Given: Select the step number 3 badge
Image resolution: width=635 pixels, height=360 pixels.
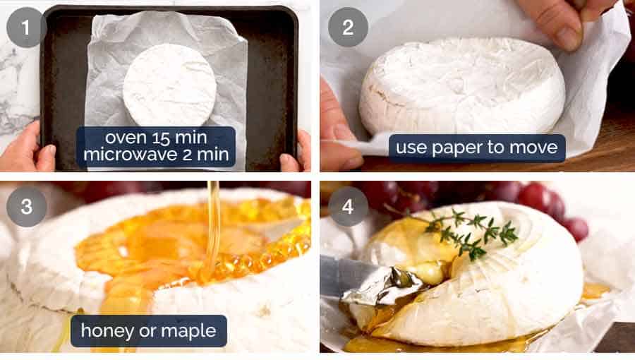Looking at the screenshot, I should pos(26,206).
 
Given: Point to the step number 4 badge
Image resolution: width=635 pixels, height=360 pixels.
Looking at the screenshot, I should pos(348,206).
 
